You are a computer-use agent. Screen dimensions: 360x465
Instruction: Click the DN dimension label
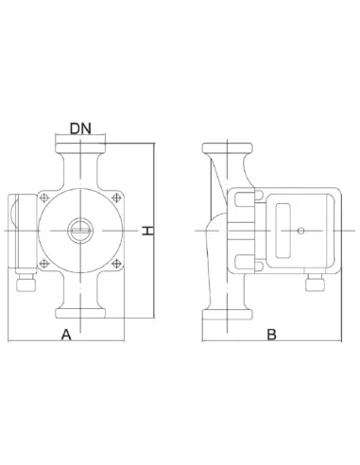pos(80,129)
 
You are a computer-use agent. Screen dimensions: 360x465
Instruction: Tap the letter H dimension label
pos(147,231)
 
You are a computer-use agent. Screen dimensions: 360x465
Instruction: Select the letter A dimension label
pos(66,335)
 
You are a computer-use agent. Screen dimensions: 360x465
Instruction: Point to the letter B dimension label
pos(271,335)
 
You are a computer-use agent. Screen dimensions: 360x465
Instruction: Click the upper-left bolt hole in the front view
pos(44,198)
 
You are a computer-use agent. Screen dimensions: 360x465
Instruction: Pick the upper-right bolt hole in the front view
pos(116,198)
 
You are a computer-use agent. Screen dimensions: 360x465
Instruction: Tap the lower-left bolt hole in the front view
pos(44,264)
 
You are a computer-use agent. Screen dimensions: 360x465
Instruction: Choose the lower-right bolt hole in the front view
pos(116,264)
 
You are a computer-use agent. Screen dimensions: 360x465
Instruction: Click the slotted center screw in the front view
pos(80,231)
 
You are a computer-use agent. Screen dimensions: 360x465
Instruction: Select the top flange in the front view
pos(80,147)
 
